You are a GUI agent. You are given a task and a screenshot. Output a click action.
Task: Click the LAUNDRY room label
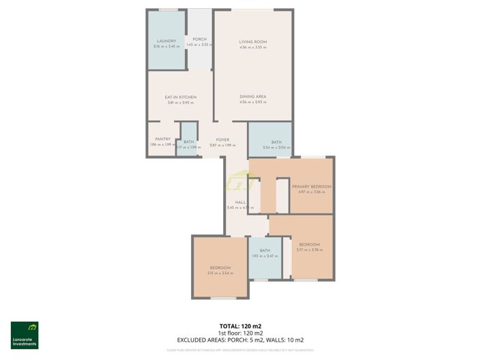[x=166, y=41]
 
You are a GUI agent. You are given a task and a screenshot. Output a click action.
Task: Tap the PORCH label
[x=199, y=39]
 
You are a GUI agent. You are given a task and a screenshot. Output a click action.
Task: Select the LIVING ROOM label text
[x=252, y=42]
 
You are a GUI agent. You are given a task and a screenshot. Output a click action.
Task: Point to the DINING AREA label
[x=252, y=97]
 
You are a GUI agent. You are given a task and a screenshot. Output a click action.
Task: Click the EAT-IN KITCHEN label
[x=181, y=97]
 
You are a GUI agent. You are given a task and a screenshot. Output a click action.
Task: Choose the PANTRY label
[x=162, y=139]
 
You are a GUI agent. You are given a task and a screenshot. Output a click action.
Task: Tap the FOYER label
[x=222, y=140]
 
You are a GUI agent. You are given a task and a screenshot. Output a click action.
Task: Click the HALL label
[x=240, y=202]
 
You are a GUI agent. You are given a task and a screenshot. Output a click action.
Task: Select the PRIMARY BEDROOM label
[x=311, y=186]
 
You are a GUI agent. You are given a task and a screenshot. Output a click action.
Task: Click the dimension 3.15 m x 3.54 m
[x=220, y=273]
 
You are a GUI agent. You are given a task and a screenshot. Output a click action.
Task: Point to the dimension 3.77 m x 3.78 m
[x=309, y=250]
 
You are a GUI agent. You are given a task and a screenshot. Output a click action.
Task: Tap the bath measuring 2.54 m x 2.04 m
[x=276, y=142]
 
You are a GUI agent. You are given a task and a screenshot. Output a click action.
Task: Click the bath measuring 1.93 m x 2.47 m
[x=265, y=251]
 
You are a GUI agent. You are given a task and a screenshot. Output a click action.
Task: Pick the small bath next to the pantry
[x=188, y=142]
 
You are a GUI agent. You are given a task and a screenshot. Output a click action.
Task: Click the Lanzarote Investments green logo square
[x=25, y=330]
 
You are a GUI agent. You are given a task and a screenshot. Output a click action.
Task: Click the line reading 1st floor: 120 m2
[x=240, y=333]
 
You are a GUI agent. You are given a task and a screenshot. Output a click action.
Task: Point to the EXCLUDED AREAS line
[x=240, y=340]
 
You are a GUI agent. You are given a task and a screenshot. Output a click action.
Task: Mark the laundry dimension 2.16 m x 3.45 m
[x=166, y=47]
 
